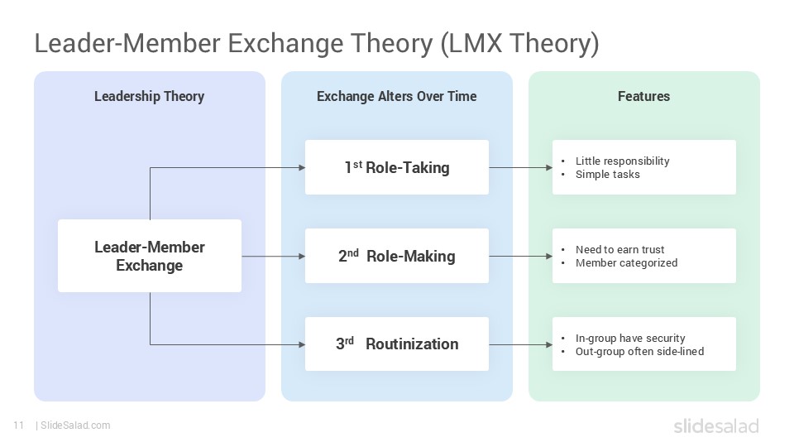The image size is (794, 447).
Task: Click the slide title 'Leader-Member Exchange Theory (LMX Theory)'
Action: coord(316,43)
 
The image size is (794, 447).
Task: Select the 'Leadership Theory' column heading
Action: coord(149,96)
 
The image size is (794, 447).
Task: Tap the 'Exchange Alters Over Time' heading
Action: coord(396,96)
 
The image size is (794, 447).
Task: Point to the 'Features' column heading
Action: coord(643,96)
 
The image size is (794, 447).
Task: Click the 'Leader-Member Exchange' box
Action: coord(150,256)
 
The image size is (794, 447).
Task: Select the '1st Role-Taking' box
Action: coord(397,167)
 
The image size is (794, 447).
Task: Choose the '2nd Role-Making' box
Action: coord(397,256)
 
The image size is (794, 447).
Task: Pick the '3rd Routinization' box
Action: coord(397,344)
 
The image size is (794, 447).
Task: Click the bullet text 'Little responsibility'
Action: coord(622,161)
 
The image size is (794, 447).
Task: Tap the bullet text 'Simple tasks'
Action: coord(607,174)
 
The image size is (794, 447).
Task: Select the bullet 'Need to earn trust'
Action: coord(619,249)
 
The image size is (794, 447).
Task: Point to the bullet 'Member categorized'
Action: coord(626,262)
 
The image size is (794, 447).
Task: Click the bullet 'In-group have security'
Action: coord(629,338)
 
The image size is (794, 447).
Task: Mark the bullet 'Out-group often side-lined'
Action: coord(639,351)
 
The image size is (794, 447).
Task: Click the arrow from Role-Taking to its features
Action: coord(520,167)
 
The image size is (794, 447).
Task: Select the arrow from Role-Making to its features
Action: coord(520,256)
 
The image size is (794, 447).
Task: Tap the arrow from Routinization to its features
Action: coord(520,344)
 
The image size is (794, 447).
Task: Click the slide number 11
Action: coord(18,425)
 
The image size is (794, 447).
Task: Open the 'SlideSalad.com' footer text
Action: coord(74,425)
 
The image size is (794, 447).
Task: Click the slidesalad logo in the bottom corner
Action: coord(715,426)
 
